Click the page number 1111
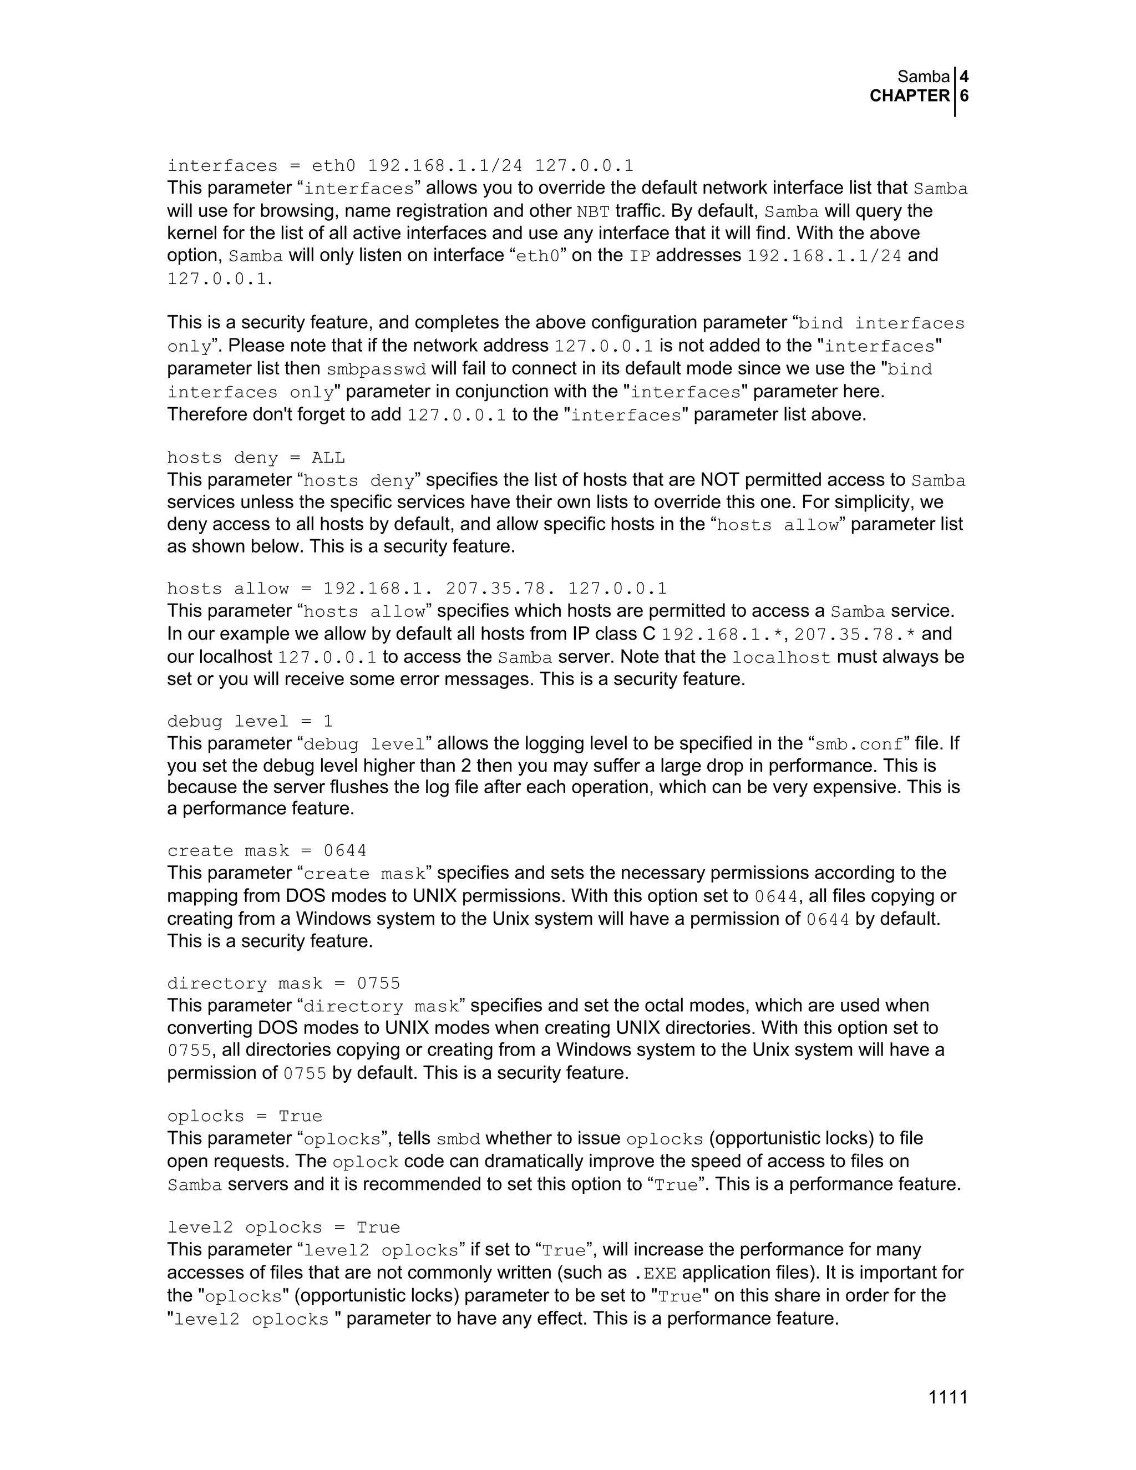pyautogui.click(x=947, y=1398)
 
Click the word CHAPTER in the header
pyautogui.click(x=909, y=97)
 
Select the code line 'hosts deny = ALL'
pyautogui.click(x=256, y=458)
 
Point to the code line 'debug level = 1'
pyautogui.click(x=250, y=722)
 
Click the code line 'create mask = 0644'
pyautogui.click(x=266, y=851)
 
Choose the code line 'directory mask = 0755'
pyautogui.click(x=283, y=984)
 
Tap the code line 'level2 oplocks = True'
pyautogui.click(x=283, y=1227)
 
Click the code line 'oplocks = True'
pyautogui.click(x=244, y=1116)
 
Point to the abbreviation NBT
pyautogui.click(x=593, y=212)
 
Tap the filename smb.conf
pyautogui.click(x=859, y=744)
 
